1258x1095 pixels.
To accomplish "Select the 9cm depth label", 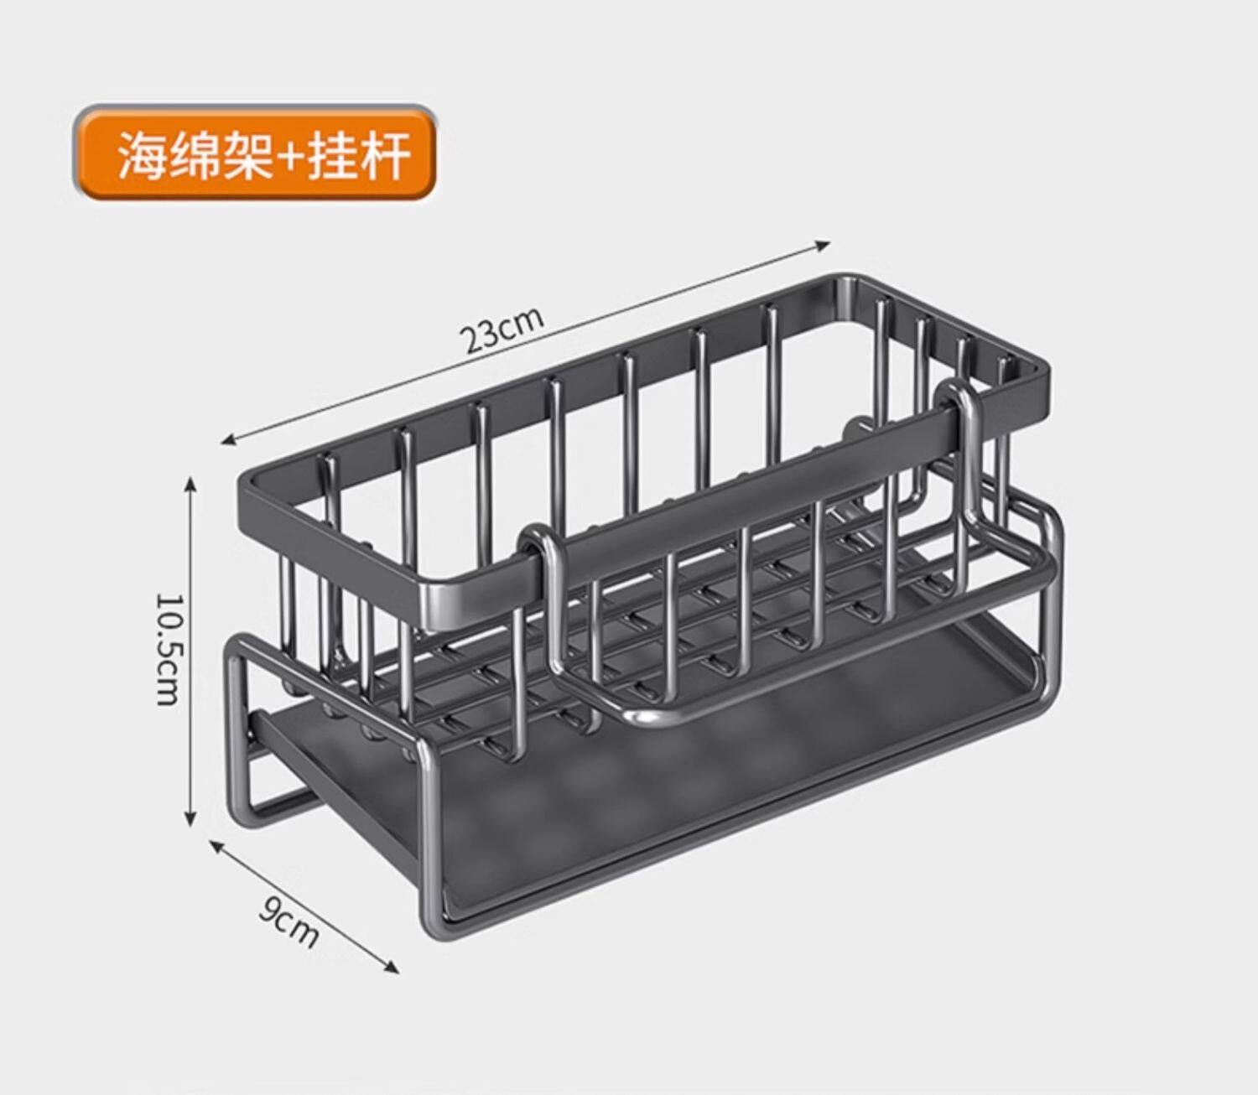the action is (289, 921).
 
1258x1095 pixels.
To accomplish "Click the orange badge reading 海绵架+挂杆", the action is (257, 153).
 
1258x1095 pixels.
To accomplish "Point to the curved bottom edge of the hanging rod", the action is (646, 714).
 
